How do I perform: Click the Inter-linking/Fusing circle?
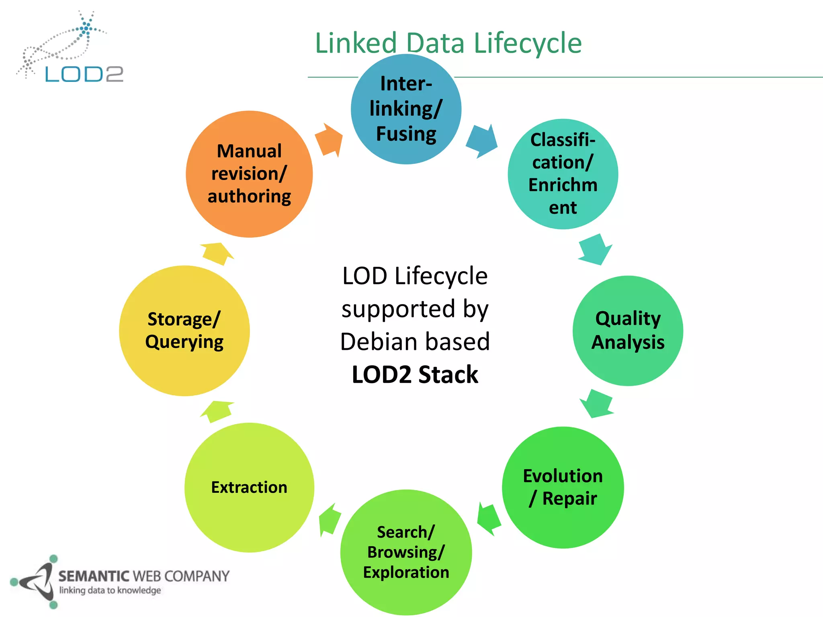406,109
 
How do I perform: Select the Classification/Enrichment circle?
563,174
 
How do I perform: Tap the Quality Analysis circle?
628,331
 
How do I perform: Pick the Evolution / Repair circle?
563,487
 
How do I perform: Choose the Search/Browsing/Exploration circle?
406,552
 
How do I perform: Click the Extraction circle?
249,487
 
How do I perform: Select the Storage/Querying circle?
184,331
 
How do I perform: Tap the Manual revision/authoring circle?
249,174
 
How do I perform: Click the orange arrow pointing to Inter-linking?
329,139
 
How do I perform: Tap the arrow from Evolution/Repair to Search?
489,519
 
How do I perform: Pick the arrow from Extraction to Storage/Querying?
217,411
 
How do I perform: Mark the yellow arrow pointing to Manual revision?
217,253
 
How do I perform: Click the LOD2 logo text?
84,74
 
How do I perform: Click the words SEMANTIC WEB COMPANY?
144,576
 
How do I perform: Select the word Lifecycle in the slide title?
528,43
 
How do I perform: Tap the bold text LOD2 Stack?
415,374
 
